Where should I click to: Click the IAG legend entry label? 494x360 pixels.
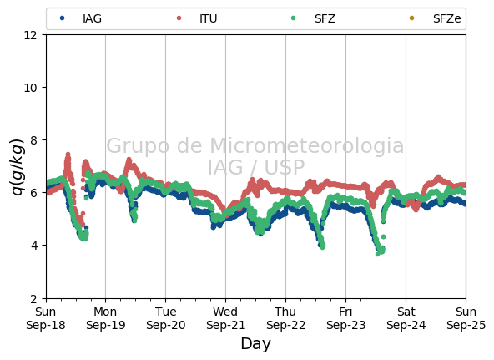[92, 18]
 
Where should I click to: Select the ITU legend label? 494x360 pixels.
[209, 18]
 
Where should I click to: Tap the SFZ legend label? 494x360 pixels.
[325, 18]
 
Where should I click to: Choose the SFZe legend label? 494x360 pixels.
[446, 18]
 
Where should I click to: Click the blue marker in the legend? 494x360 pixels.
[63, 18]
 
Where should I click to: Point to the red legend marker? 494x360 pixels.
[179, 18]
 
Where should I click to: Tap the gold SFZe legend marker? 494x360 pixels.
[411, 18]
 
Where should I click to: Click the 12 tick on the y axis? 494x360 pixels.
[31, 35]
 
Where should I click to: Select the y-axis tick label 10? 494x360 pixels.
[31, 88]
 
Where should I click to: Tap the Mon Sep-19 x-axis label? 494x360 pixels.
[105, 318]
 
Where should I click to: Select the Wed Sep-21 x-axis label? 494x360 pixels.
[225, 318]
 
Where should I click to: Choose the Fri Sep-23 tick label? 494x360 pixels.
[346, 318]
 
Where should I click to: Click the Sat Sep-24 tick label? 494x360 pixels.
[406, 318]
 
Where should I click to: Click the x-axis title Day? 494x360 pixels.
[256, 344]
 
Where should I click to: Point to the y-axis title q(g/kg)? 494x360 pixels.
[18, 166]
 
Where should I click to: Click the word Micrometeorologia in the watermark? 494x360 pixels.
[306, 145]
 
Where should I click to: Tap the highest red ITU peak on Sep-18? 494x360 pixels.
[68, 155]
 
